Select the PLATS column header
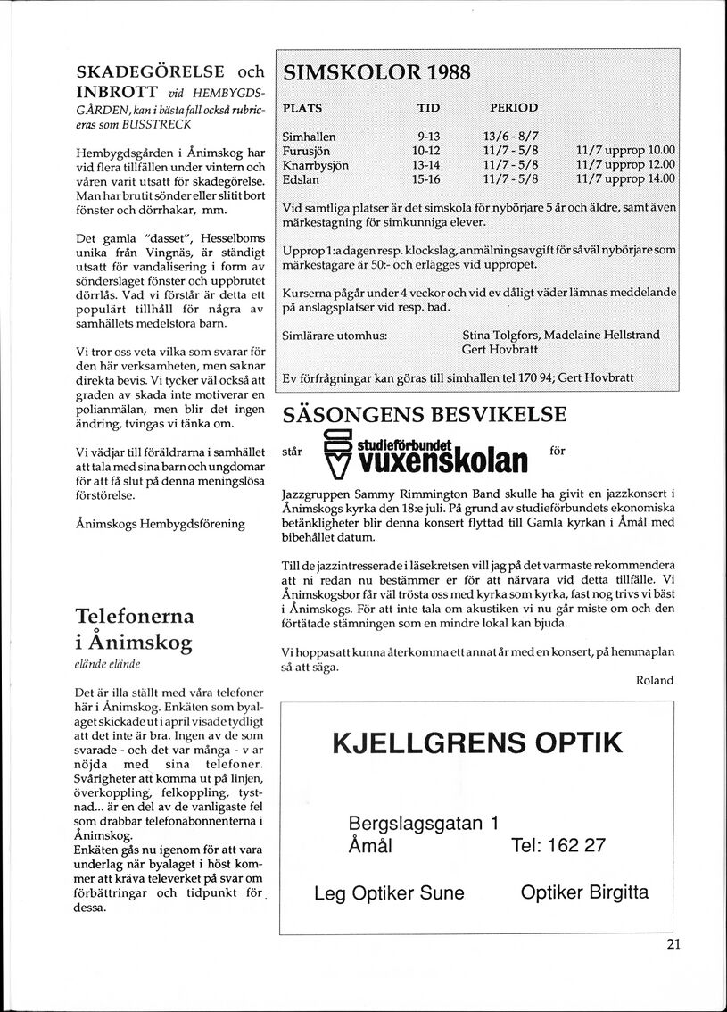click(302, 108)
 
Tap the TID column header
click(428, 108)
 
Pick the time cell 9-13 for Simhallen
click(429, 137)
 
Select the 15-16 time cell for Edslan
click(428, 178)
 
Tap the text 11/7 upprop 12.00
click(625, 164)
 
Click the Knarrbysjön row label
click(315, 164)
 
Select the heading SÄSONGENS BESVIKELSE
click(424, 414)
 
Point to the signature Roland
click(655, 680)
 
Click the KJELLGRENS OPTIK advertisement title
click(477, 742)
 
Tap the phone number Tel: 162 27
click(559, 845)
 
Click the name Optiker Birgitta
click(584, 892)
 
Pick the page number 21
click(673, 946)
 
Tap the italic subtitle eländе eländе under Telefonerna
click(101, 665)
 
